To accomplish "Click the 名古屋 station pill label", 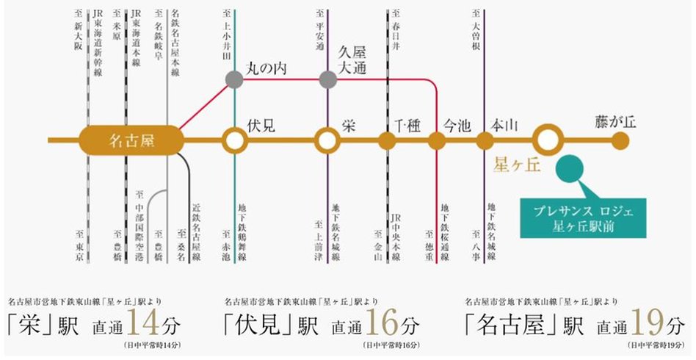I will (x=131, y=140).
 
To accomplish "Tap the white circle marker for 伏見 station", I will (x=234, y=140).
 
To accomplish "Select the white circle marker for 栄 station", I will (x=327, y=140).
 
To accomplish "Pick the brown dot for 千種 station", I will (x=388, y=140).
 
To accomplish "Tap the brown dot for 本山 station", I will (x=485, y=140).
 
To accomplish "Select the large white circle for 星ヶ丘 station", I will (x=547, y=140).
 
